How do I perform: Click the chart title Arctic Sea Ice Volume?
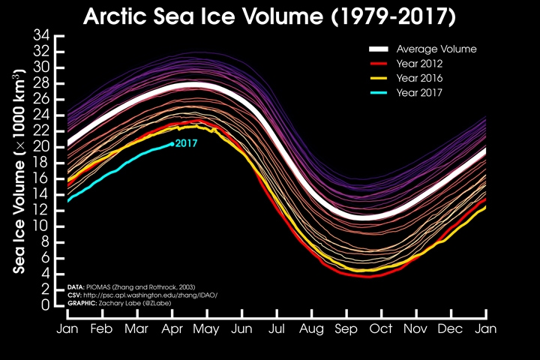pos(270,16)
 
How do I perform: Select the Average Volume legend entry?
pos(437,49)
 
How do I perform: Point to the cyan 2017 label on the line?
pos(186,142)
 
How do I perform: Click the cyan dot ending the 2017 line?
pos(172,143)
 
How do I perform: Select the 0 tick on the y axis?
pos(46,305)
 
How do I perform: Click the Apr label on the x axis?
pos(172,328)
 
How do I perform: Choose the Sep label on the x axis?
pos(345,328)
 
